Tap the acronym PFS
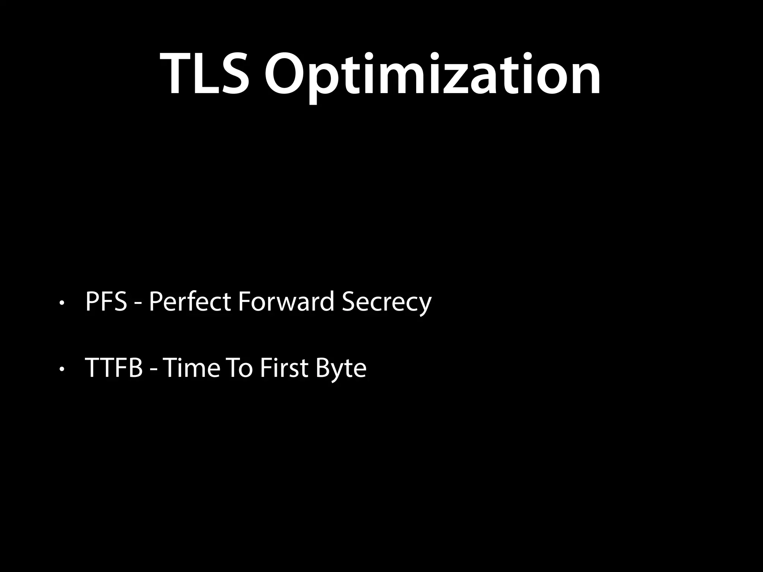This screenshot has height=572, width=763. [x=107, y=302]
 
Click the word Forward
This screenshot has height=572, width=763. [x=286, y=302]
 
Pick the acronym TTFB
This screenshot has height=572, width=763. [x=114, y=368]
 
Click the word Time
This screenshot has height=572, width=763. [x=191, y=368]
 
